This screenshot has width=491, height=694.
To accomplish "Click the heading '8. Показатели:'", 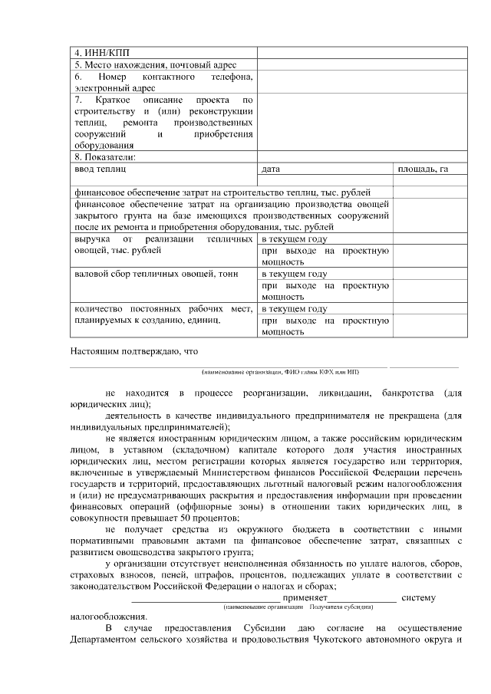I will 104,156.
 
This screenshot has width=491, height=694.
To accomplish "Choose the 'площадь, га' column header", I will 422,168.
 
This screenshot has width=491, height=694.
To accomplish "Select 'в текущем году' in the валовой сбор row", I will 295,274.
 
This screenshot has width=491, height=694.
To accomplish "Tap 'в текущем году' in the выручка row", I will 295,239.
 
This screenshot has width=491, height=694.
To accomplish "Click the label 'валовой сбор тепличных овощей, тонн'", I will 156,274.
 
